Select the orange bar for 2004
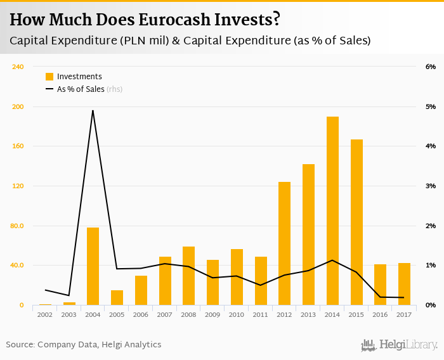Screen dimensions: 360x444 [93, 266]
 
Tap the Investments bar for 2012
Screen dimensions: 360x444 [284, 243]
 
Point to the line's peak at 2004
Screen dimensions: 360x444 [93, 110]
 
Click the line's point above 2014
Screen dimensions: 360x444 [332, 260]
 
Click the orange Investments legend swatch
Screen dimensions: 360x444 [49, 77]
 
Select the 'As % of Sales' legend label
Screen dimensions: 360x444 [81, 89]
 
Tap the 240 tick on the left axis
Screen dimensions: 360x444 [18, 67]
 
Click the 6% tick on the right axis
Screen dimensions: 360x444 [430, 67]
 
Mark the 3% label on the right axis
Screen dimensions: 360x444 [430, 186]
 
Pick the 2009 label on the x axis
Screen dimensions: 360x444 [212, 314]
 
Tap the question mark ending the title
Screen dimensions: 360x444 [277, 20]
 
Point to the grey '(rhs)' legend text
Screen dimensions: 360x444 [114, 89]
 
